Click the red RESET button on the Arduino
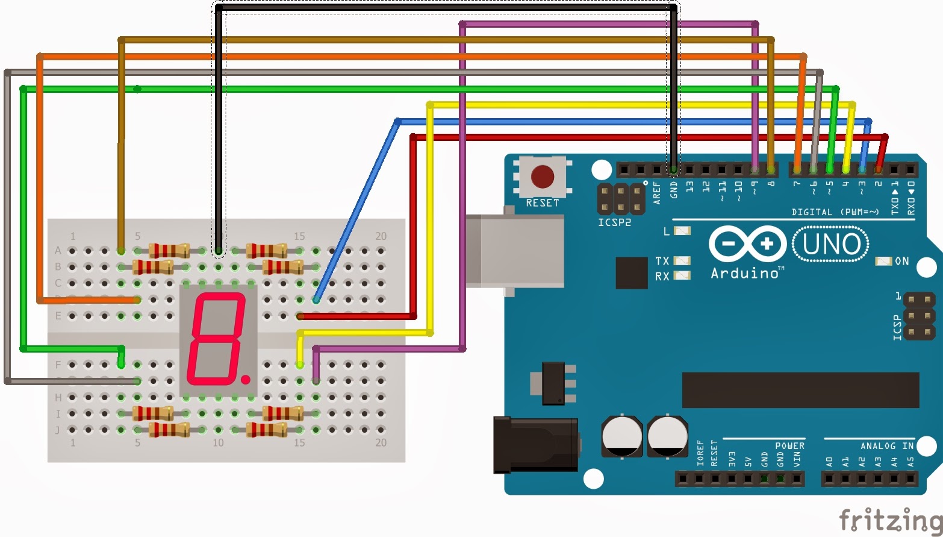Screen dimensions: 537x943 click(x=543, y=177)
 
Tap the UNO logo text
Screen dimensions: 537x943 click(x=831, y=244)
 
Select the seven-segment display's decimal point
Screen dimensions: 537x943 click(x=246, y=379)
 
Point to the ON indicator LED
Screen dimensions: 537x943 click(x=883, y=261)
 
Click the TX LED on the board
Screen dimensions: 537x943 click(x=682, y=261)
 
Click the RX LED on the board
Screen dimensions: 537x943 click(x=682, y=275)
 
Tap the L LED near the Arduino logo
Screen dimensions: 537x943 click(x=682, y=231)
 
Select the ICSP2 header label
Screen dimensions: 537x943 click(x=614, y=222)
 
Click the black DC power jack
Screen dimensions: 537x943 click(x=535, y=445)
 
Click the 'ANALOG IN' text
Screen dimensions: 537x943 click(x=886, y=446)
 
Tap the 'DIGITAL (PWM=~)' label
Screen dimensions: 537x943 click(x=835, y=212)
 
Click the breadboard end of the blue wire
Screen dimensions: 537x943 click(x=316, y=300)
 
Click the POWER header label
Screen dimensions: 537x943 click(x=789, y=446)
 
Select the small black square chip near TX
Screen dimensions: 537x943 click(x=631, y=272)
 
